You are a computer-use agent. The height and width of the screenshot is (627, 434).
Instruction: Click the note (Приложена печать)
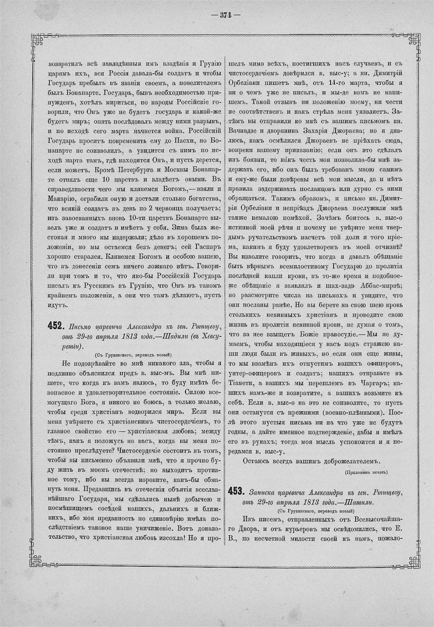(366, 472)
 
